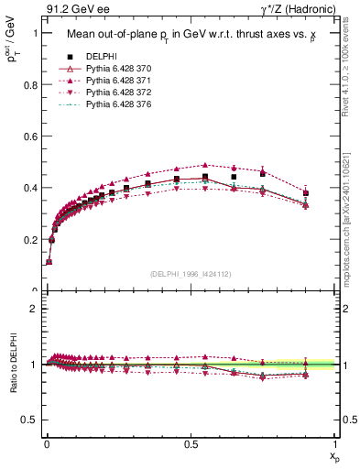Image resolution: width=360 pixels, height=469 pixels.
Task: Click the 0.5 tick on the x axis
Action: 190,443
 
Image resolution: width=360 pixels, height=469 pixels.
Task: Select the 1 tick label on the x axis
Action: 335,443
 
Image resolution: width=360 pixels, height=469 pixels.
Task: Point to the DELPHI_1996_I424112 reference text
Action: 190,274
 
